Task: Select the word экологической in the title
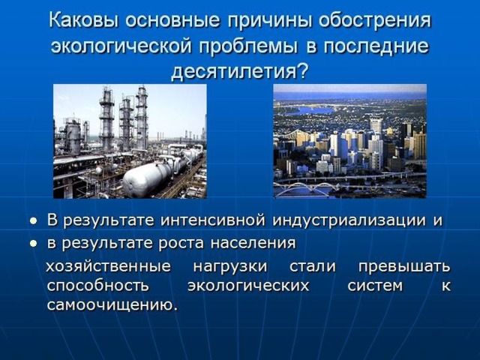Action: pyautogui.click(x=121, y=47)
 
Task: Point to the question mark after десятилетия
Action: pyautogui.click(x=302, y=72)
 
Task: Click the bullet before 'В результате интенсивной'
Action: pyautogui.click(x=33, y=220)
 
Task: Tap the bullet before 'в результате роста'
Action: pyautogui.click(x=33, y=244)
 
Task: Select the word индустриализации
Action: pyautogui.click(x=349, y=221)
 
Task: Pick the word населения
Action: pyautogui.click(x=253, y=244)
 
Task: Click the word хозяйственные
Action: pyautogui.click(x=108, y=266)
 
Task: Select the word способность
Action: pyautogui.click(x=97, y=286)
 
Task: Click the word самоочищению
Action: pyautogui.click(x=112, y=305)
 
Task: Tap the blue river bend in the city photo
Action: pyautogui.click(x=309, y=110)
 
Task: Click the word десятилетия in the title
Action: pyautogui.click(x=233, y=73)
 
